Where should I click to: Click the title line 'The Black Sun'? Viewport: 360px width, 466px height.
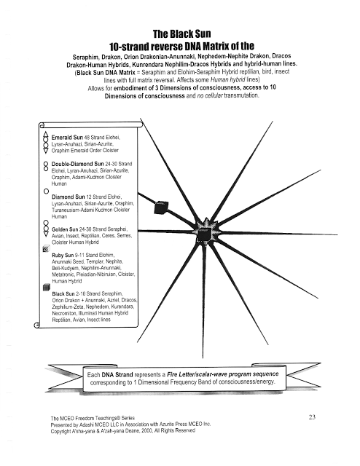[181, 34]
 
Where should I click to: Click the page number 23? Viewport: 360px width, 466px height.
[312, 417]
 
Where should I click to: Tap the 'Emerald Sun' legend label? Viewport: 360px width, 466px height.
[67, 138]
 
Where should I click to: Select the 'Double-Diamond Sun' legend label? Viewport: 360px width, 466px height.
[78, 164]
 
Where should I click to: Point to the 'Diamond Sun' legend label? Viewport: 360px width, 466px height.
[68, 197]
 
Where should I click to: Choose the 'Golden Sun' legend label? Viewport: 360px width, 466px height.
[65, 229]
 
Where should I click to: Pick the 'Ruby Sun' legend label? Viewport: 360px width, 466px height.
[63, 256]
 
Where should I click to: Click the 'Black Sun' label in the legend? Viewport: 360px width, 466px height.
[63, 294]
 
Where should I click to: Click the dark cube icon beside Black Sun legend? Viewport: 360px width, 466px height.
[47, 288]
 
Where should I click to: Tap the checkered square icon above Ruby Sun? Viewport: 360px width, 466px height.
[46, 249]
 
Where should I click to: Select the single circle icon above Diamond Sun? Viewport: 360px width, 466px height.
[46, 191]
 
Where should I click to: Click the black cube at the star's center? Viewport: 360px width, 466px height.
[205, 234]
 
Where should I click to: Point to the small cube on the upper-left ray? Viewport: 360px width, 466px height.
[161, 208]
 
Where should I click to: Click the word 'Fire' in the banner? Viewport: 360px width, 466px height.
[173, 374]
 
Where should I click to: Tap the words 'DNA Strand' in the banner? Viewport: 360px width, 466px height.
[117, 375]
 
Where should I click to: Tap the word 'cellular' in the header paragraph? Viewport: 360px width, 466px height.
[214, 95]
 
